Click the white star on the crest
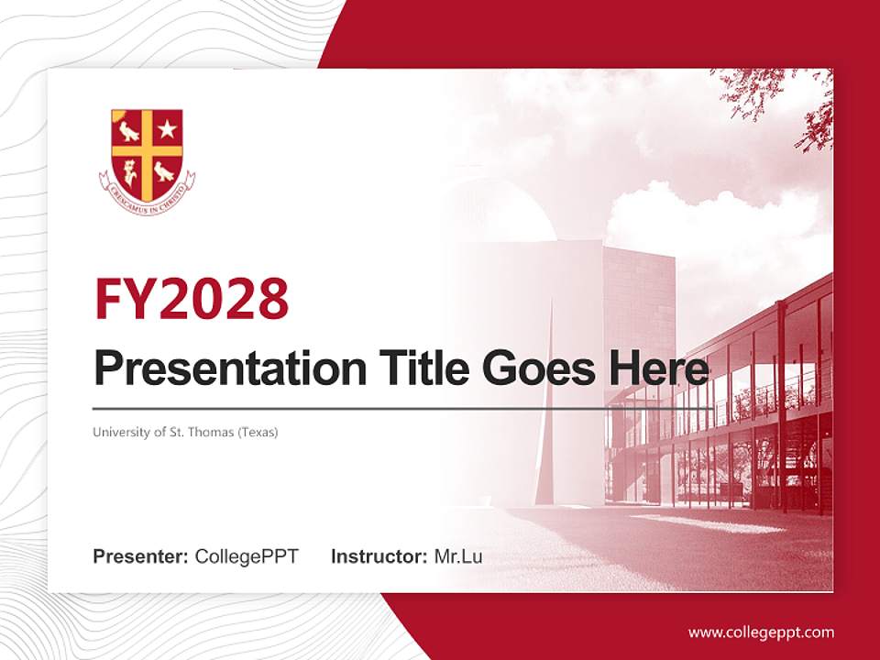tap(166, 129)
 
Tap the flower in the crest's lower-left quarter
tap(130, 170)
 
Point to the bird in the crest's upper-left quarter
tap(129, 130)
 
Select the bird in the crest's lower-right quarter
tap(165, 170)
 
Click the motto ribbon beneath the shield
tap(147, 192)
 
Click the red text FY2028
tap(192, 299)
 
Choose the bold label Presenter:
tap(141, 556)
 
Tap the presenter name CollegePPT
tap(247, 556)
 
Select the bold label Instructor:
tap(379, 556)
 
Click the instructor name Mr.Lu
tap(457, 556)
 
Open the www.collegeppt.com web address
tap(761, 632)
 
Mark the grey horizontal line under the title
tap(403, 408)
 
